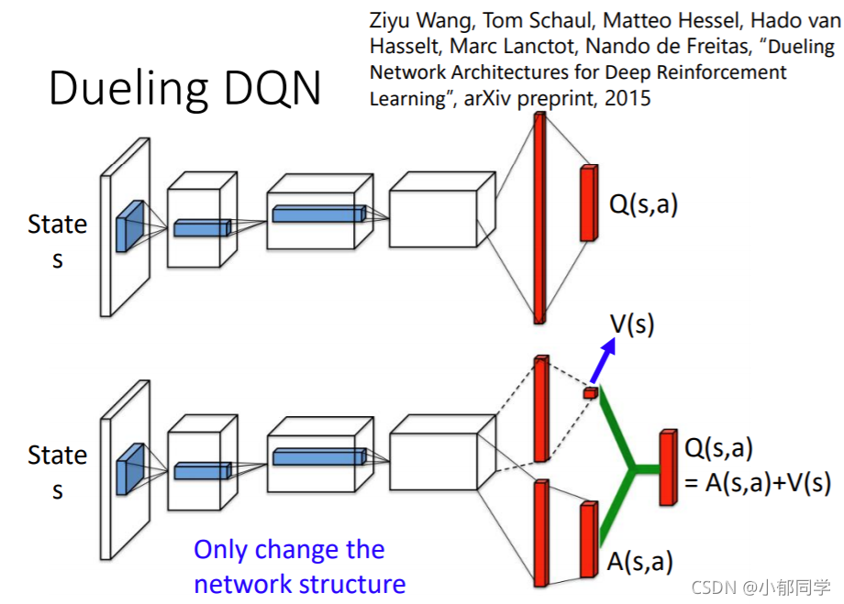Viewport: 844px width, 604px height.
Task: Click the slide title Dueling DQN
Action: (x=184, y=89)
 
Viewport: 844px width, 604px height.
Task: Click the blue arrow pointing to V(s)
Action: (x=604, y=363)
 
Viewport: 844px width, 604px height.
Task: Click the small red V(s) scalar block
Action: (x=590, y=393)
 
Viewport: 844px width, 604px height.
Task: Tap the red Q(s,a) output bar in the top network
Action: (x=588, y=203)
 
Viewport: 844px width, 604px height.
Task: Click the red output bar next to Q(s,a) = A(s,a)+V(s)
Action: (x=668, y=467)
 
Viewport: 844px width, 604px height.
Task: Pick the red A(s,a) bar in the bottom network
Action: (x=588, y=540)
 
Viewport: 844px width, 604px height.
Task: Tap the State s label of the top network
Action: (x=58, y=241)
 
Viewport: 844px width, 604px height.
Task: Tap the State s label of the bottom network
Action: (x=58, y=472)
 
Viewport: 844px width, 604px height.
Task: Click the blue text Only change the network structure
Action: (x=298, y=566)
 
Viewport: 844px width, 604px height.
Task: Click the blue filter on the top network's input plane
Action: (x=130, y=225)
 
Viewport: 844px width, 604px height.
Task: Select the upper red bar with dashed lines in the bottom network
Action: (x=540, y=408)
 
